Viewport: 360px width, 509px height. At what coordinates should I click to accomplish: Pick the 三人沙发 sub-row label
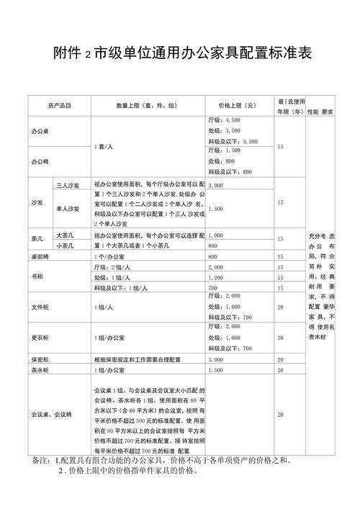[x=68, y=186]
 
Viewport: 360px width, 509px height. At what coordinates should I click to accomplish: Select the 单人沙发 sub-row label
[x=68, y=209]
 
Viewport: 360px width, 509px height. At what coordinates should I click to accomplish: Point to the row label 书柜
[x=37, y=277]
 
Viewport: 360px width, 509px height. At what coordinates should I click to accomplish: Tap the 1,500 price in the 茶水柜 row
[x=217, y=370]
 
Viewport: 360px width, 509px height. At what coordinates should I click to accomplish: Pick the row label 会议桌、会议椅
[x=52, y=415]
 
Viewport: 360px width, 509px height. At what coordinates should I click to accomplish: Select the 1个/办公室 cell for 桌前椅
[x=110, y=256]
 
